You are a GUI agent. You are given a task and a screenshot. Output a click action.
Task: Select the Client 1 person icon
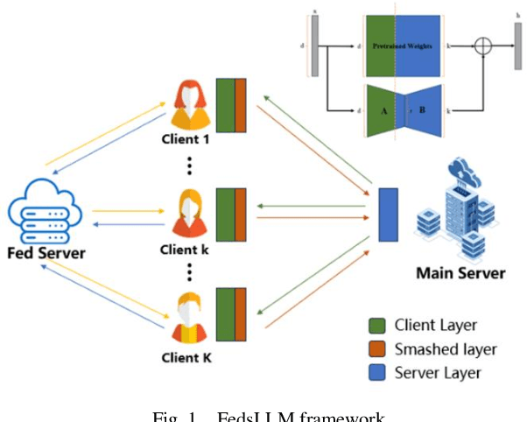pyautogui.click(x=188, y=103)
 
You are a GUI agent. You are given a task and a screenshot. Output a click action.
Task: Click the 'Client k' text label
pyautogui.click(x=185, y=249)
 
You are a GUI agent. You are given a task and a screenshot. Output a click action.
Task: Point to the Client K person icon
pyautogui.click(x=187, y=320)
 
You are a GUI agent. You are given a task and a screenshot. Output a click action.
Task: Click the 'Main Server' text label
pyautogui.click(x=460, y=272)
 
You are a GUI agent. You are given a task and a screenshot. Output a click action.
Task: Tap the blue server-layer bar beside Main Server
pyautogui.click(x=388, y=214)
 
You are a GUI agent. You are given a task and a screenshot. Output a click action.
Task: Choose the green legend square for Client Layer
pyautogui.click(x=379, y=326)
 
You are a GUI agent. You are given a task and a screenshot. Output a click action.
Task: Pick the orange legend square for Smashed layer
pyautogui.click(x=379, y=349)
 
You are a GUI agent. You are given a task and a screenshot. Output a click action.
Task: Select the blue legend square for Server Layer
pyautogui.click(x=379, y=373)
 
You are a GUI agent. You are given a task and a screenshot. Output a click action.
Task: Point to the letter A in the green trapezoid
pyautogui.click(x=383, y=111)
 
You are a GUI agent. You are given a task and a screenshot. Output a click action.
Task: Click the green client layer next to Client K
pyautogui.click(x=225, y=313)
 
